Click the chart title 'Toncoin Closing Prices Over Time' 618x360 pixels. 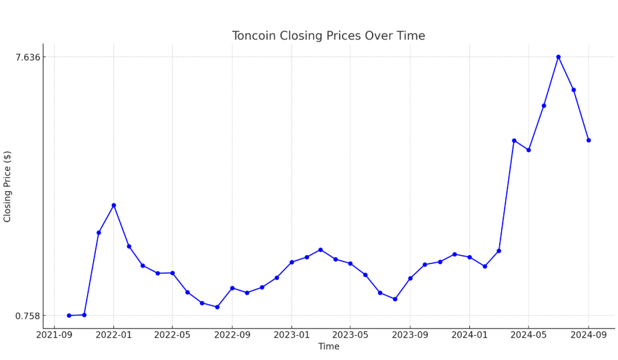[328, 36]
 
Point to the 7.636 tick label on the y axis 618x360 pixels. [28, 57]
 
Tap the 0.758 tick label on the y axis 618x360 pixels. [28, 316]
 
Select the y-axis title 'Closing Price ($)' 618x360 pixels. [8, 187]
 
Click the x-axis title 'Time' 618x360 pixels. [328, 347]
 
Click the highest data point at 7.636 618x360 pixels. [558, 57]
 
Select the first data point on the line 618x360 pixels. [69, 316]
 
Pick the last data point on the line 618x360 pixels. [589, 140]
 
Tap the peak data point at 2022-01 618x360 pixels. [113, 205]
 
